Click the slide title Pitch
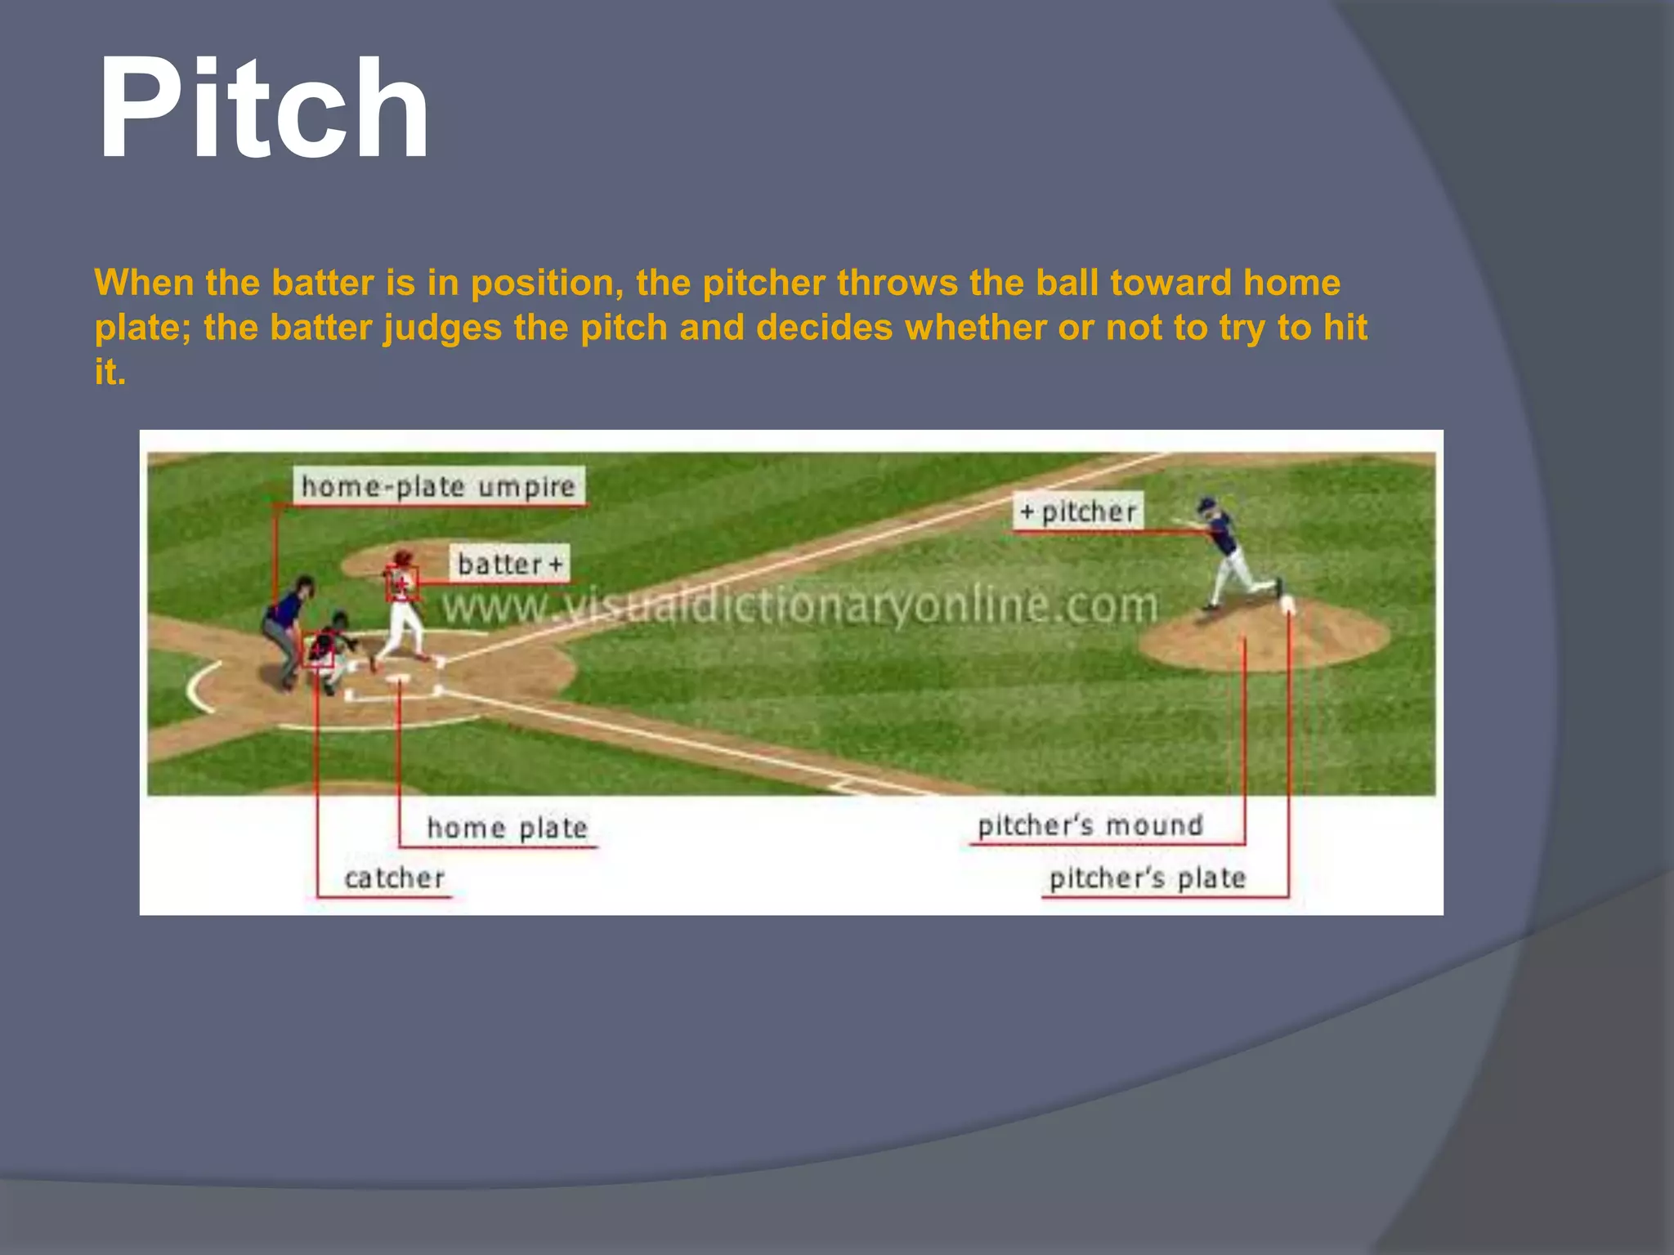[x=263, y=109]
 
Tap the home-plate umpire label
[x=438, y=487]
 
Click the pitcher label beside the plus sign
[x=1088, y=512]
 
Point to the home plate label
[x=507, y=828]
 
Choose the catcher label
[x=394, y=878]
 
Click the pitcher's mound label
[x=1090, y=825]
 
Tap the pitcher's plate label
[x=1147, y=878]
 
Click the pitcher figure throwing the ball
[x=1230, y=552]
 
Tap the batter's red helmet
[x=402, y=557]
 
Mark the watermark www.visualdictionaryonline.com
[x=799, y=606]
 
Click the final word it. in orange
[x=110, y=373]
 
